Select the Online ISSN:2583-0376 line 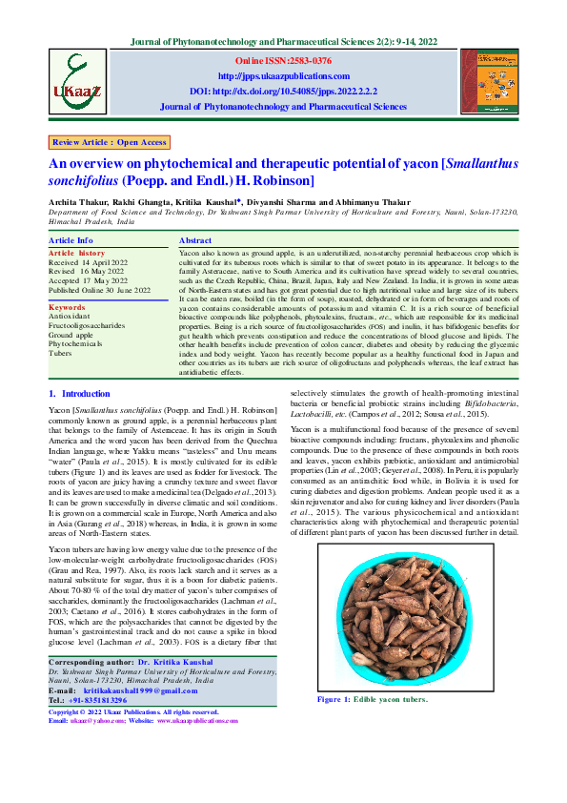pos(284,60)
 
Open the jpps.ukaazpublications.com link pos(284,75)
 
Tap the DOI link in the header pos(284,92)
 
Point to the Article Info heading pos(71,240)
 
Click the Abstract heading pos(195,240)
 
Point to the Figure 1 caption pos(373,698)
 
